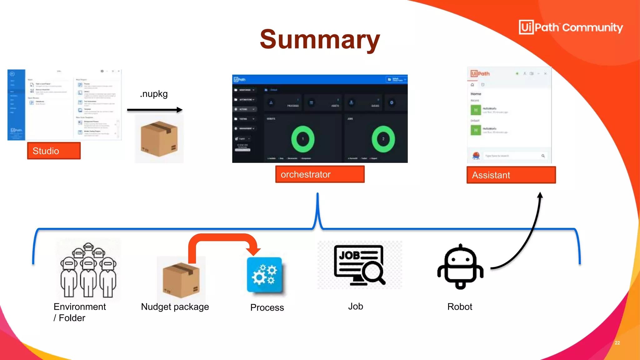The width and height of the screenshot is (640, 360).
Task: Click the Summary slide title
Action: (320, 40)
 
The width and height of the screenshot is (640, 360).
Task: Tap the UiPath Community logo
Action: (571, 27)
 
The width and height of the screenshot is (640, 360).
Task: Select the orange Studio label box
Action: (54, 151)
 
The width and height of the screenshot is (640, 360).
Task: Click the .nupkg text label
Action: (154, 94)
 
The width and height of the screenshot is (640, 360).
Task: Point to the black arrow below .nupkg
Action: (155, 110)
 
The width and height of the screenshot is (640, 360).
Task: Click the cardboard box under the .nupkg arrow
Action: (159, 139)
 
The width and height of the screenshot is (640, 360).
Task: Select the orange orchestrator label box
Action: (320, 174)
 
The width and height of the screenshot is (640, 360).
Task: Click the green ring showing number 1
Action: (302, 139)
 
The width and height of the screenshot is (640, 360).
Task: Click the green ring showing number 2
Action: (383, 139)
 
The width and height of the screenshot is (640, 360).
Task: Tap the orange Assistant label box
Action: (511, 175)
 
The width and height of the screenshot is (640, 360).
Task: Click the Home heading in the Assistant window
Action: (476, 94)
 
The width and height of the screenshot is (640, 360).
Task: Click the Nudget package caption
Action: (175, 307)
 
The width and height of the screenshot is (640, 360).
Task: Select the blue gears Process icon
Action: (264, 274)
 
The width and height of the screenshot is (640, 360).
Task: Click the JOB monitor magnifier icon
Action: (359, 265)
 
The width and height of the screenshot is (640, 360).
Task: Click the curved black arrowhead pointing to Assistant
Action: (540, 196)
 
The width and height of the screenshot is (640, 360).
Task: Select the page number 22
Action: (617, 343)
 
